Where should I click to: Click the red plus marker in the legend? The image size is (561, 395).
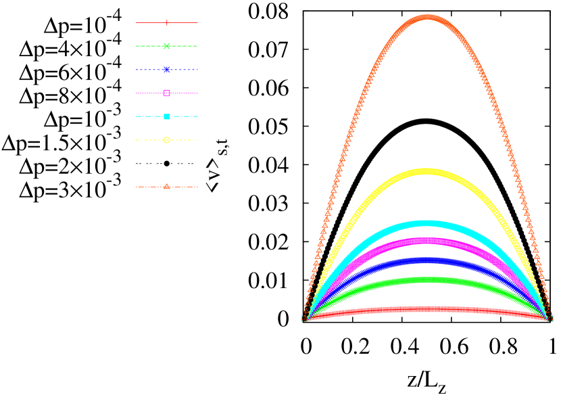tap(167, 23)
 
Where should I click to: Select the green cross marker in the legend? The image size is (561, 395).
tap(167, 46)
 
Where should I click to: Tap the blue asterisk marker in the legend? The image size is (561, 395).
tap(167, 70)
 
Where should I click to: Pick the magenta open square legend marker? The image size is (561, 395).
tap(167, 93)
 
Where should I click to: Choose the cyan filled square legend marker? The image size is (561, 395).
tap(167, 116)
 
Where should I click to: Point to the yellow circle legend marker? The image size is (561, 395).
tap(167, 140)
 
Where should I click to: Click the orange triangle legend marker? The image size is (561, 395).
tap(167, 187)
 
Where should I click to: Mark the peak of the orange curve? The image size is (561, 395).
tap(427, 17)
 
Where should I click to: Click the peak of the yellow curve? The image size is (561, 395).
tap(426, 171)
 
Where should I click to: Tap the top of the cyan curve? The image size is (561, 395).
tap(426, 223)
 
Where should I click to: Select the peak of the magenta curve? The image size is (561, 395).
tap(426, 241)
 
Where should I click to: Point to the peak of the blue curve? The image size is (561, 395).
tap(426, 260)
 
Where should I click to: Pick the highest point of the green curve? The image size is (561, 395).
tap(426, 279)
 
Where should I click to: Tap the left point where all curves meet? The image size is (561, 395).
tap(305, 318)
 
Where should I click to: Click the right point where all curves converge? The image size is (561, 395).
tap(550, 318)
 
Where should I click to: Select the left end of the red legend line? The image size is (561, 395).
tap(137, 23)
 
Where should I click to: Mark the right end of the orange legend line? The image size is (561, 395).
tap(197, 187)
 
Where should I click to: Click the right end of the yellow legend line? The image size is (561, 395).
tap(197, 140)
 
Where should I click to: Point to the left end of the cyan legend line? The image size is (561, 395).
tap(137, 116)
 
